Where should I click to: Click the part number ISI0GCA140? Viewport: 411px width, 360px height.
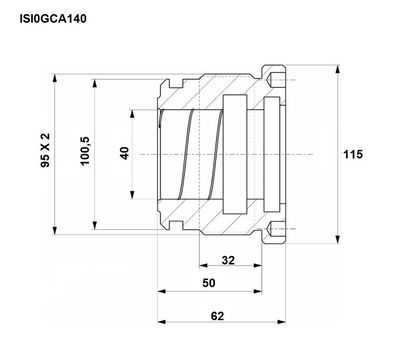click(x=53, y=19)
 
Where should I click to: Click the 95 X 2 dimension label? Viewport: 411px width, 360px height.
click(x=45, y=150)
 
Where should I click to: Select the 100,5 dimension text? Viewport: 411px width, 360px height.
click(x=85, y=151)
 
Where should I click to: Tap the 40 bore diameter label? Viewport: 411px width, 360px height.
click(x=124, y=153)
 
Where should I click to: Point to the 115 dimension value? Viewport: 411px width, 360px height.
click(x=353, y=154)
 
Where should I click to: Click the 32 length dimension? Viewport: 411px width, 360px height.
click(x=228, y=260)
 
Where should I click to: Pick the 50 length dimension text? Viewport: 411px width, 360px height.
click(x=208, y=283)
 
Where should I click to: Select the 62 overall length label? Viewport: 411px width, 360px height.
click(x=217, y=316)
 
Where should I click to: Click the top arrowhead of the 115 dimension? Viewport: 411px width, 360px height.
click(x=338, y=69)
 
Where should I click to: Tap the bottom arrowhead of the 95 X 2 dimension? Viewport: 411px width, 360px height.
click(x=54, y=231)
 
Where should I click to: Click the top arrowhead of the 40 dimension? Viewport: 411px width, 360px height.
click(x=133, y=114)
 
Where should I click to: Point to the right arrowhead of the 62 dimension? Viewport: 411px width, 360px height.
click(x=281, y=322)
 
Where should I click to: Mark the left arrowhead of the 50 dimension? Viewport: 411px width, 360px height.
click(x=162, y=291)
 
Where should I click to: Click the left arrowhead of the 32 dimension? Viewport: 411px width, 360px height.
click(x=203, y=266)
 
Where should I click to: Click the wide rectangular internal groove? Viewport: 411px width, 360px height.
click(x=235, y=154)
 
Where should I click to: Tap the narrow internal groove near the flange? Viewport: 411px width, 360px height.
click(x=272, y=154)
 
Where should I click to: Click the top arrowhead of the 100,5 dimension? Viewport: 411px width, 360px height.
click(x=95, y=83)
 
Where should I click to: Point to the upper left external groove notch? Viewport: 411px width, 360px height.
click(x=176, y=83)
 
